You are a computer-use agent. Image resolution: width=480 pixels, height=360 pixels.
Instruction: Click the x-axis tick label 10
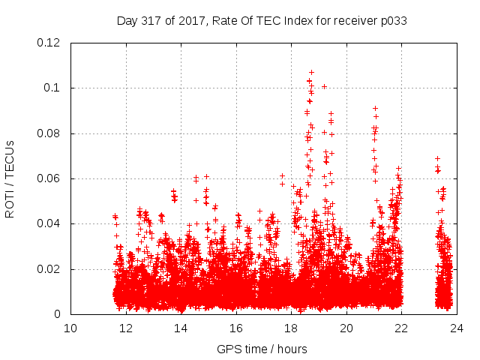tap(70, 328)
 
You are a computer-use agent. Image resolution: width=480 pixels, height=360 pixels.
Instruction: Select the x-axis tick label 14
tap(181, 328)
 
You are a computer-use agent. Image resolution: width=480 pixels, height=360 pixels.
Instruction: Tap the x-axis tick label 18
tap(291, 328)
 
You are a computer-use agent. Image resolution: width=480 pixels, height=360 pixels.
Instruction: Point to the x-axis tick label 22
tap(401, 328)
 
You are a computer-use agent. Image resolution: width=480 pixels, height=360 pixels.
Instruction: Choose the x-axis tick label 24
tap(457, 328)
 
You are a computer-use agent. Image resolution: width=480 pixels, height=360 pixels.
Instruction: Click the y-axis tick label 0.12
tap(49, 43)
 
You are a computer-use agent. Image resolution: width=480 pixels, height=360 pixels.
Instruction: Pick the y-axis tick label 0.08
tap(49, 133)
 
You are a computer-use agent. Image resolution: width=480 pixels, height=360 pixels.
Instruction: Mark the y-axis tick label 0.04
tap(49, 223)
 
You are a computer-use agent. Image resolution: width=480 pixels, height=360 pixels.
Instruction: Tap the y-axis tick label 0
tap(58, 314)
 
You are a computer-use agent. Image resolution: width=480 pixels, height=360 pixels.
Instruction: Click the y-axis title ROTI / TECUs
tap(10, 178)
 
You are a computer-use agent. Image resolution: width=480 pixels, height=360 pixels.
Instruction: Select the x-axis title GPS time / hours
tap(262, 349)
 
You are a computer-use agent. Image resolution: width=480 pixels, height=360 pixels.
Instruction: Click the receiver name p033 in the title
tap(392, 20)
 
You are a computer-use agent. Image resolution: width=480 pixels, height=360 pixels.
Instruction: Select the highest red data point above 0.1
tap(311, 73)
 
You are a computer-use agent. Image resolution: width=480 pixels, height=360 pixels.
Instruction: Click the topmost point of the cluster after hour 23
tap(437, 158)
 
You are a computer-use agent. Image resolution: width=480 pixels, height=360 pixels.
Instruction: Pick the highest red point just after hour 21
tap(375, 108)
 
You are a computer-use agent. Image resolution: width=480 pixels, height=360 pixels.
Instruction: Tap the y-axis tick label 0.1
tap(52, 88)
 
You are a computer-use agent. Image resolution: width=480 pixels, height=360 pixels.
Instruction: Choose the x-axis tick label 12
tap(126, 328)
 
